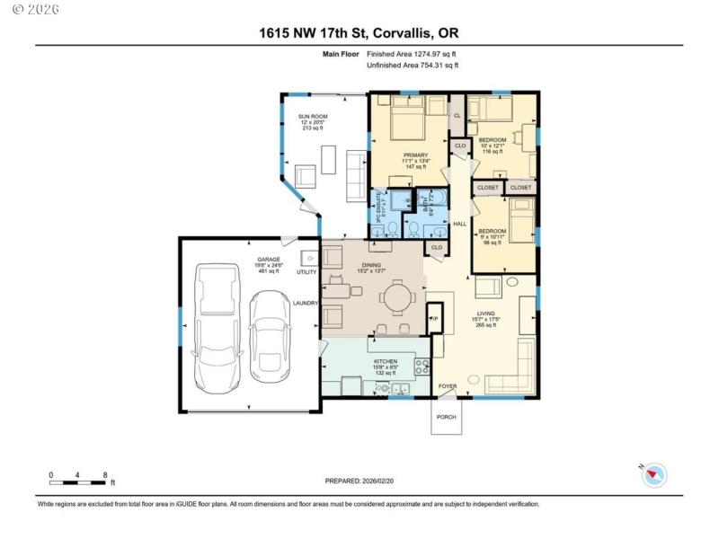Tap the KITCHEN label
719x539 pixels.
[x=386, y=361]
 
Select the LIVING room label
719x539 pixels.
[x=486, y=314]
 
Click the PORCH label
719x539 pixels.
[x=446, y=417]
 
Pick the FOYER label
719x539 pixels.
[x=448, y=386]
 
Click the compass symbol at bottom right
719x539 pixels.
[x=653, y=475]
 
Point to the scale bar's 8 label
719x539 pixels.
[x=106, y=474]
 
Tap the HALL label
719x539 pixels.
[x=459, y=224]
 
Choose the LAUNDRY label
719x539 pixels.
[x=306, y=303]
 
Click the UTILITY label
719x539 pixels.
[x=306, y=271]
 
